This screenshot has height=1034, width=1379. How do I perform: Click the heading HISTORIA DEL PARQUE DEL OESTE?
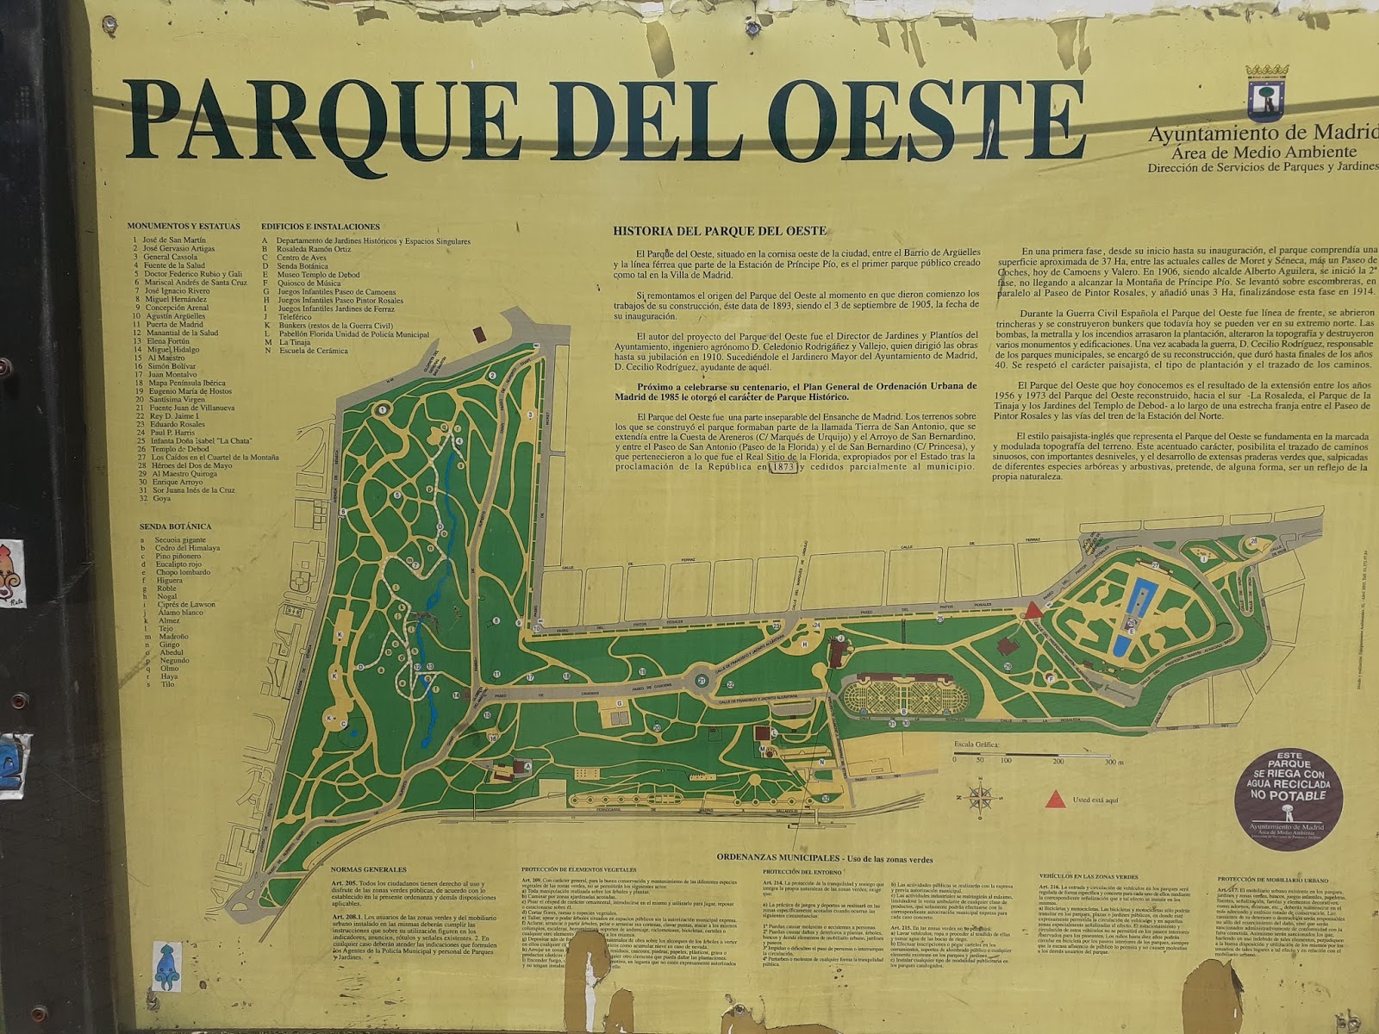pyautogui.click(x=719, y=231)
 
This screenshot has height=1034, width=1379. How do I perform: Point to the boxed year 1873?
pyautogui.click(x=782, y=468)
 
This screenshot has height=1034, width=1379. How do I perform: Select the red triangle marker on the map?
pyautogui.click(x=1032, y=611)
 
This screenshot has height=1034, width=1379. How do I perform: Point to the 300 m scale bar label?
pyautogui.click(x=1114, y=762)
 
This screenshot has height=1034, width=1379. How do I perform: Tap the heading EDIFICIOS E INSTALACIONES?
pyautogui.click(x=320, y=227)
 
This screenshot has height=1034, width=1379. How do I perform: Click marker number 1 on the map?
pyautogui.click(x=381, y=411)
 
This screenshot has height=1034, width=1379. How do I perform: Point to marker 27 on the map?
pyautogui.click(x=1154, y=565)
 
